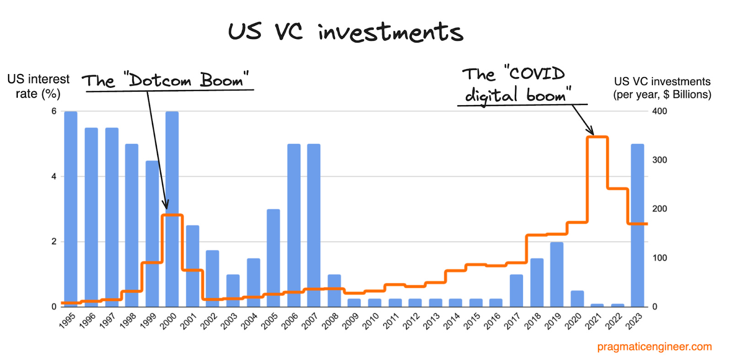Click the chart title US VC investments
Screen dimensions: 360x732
point(345,32)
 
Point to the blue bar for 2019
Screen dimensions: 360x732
point(556,274)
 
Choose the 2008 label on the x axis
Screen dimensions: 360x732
point(330,321)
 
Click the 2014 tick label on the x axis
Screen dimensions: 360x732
point(452,321)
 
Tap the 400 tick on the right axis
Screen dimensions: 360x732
point(659,111)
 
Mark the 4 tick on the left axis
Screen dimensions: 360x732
point(54,177)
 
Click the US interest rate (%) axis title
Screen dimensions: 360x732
point(38,86)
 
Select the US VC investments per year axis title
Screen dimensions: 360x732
point(662,88)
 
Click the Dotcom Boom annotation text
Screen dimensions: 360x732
point(166,81)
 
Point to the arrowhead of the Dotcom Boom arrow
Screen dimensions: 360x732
point(166,206)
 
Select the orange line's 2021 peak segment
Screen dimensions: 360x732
point(597,137)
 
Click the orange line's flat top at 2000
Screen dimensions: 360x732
point(172,215)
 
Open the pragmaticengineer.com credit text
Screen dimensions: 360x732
point(654,347)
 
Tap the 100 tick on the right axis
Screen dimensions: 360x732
point(659,258)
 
